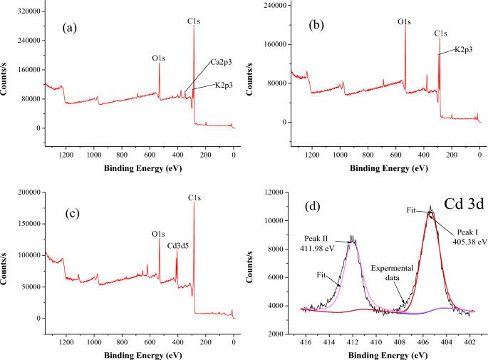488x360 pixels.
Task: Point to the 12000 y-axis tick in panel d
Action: pyautogui.click(x=273, y=192)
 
